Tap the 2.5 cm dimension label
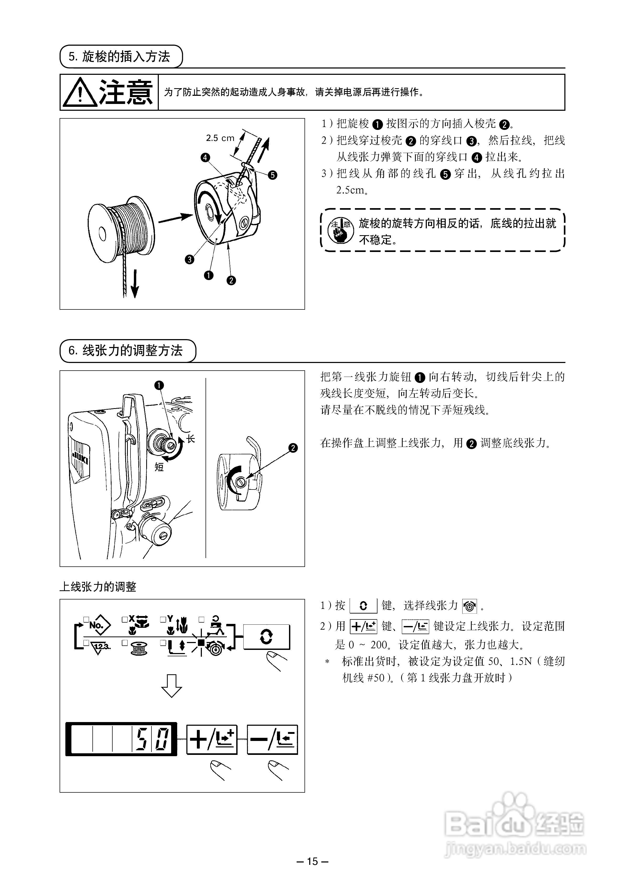[x=220, y=138]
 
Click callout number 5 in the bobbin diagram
[x=273, y=175]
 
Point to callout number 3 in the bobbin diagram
[x=190, y=260]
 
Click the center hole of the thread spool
[x=102, y=234]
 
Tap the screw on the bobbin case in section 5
[x=243, y=223]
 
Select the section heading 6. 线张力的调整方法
[x=127, y=350]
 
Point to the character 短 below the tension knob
[x=159, y=467]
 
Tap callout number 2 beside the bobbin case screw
[x=293, y=448]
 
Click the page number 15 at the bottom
[x=312, y=861]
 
